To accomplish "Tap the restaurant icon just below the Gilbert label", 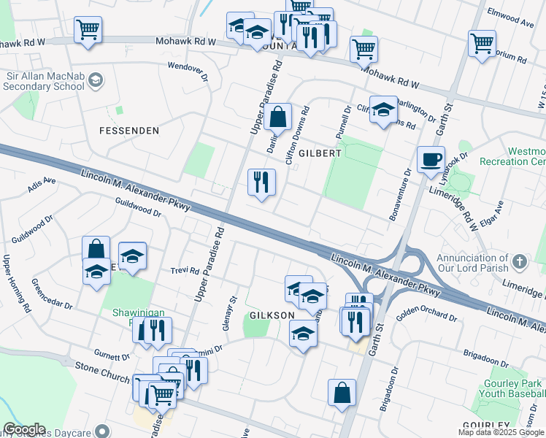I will pos(261,182).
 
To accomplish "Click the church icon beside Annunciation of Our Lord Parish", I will pos(519,261).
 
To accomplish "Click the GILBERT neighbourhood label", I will pos(320,153).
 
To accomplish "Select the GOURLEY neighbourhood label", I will pos(486,426).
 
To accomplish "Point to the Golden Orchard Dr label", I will pos(426,318).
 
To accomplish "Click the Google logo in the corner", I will pos(24,429).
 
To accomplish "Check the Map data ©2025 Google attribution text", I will pos(501,433).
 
